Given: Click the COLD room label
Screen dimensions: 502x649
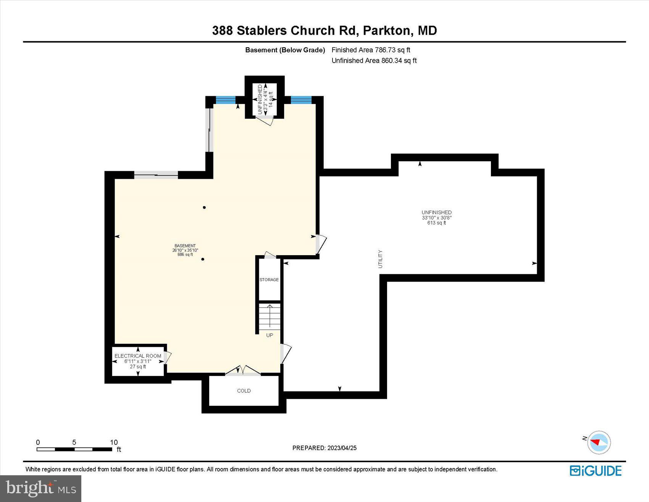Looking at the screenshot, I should pyautogui.click(x=244, y=390).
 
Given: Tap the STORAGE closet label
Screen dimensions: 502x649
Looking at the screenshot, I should pyautogui.click(x=269, y=280).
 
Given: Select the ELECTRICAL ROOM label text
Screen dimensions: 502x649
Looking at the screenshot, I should pyautogui.click(x=138, y=356).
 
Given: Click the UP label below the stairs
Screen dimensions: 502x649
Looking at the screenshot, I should pyautogui.click(x=270, y=335).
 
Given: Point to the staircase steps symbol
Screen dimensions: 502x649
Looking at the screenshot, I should pyautogui.click(x=270, y=316).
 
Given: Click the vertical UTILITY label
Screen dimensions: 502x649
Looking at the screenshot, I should pyautogui.click(x=380, y=259).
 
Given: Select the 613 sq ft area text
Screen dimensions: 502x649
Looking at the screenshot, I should pyautogui.click(x=436, y=223).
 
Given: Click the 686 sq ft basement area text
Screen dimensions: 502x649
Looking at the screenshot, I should pyautogui.click(x=185, y=254).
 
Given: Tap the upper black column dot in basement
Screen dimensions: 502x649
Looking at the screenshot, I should pyautogui.click(x=204, y=207).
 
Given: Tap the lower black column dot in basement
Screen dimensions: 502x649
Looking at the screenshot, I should pyautogui.click(x=203, y=259).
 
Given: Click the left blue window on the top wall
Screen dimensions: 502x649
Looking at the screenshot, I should pyautogui.click(x=226, y=100).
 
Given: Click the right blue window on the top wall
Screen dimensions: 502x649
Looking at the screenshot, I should pyautogui.click(x=301, y=100).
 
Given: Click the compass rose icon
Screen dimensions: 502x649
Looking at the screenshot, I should pyautogui.click(x=599, y=442).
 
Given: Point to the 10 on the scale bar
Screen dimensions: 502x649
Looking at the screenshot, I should pyautogui.click(x=114, y=442).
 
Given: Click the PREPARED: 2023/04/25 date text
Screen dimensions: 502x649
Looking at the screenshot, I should pyautogui.click(x=324, y=448).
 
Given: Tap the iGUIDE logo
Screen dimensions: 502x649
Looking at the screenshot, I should pyautogui.click(x=596, y=471).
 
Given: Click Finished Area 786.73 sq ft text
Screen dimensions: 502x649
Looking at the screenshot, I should pyautogui.click(x=371, y=50).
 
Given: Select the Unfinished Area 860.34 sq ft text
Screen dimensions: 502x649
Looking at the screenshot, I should pyautogui.click(x=374, y=60).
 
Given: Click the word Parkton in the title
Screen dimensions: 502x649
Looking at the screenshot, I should pyautogui.click(x=386, y=31).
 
